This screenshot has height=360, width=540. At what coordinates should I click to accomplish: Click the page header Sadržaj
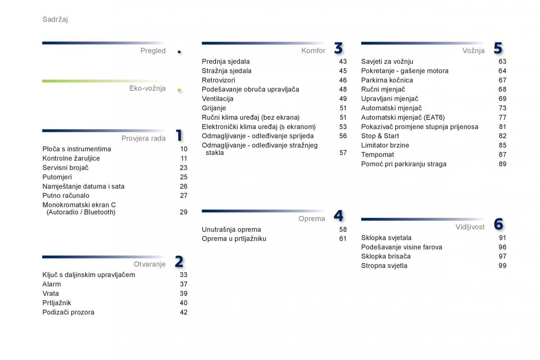[x=55, y=19]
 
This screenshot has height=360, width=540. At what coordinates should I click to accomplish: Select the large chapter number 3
[x=338, y=48]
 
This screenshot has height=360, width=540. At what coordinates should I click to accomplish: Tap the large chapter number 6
[x=498, y=224]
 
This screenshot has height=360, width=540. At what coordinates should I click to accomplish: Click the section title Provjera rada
[x=144, y=139]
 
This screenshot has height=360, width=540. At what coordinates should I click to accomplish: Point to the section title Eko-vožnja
[x=147, y=88]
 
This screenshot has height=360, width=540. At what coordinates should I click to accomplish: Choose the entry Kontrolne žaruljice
[x=71, y=158]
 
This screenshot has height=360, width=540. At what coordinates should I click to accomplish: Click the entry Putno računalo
[x=66, y=196]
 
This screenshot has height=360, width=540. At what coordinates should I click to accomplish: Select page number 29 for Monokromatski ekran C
[x=184, y=212]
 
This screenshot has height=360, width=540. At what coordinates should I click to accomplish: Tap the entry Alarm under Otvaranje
[x=52, y=284]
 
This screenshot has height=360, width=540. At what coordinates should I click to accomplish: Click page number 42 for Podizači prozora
[x=184, y=312]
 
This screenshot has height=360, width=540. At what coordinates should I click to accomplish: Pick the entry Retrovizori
[x=218, y=80]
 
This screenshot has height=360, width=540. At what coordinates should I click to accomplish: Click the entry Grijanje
[x=214, y=108]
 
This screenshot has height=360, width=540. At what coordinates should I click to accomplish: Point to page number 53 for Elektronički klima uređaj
[x=343, y=127]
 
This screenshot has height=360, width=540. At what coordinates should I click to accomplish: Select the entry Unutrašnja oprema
[x=231, y=229]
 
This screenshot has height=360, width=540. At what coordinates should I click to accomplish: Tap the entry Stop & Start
[x=380, y=136]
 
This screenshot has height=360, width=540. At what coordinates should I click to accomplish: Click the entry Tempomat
[x=378, y=154]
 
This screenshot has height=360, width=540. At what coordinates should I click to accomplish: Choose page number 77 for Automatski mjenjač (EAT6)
[x=502, y=117]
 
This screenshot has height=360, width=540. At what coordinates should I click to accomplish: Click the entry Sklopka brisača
[x=386, y=256]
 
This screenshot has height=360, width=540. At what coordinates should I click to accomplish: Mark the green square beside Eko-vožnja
[x=180, y=90]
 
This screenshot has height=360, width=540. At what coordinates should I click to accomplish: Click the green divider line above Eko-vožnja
[x=103, y=81]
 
